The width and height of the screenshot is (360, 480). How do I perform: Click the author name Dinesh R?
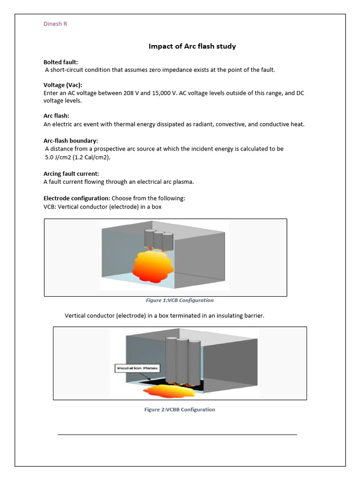(55, 24)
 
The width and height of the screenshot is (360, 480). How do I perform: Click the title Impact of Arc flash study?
(192, 46)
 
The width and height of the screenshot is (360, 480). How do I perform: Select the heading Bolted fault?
(60, 62)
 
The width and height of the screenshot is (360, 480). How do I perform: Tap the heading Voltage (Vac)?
(63, 85)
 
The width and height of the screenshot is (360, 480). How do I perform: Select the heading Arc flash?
(56, 116)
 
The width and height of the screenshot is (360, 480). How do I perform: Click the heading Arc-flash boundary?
(71, 141)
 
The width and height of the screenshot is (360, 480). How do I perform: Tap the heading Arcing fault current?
(71, 173)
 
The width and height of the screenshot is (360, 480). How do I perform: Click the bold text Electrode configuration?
(76, 198)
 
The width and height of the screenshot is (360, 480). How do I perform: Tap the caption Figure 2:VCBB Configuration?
(180, 409)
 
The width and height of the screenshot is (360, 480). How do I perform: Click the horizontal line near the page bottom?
(177, 435)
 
